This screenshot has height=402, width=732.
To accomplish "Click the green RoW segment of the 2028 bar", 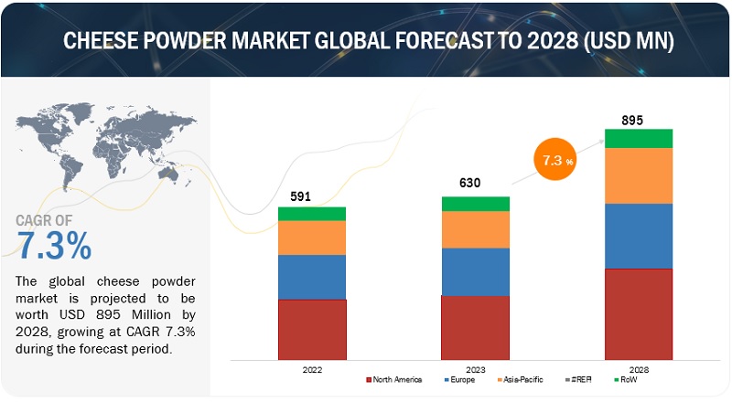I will (639, 138).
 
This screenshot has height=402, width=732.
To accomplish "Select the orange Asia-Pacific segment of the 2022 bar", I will (312, 238).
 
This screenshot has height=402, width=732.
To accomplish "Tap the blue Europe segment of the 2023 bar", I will (475, 271).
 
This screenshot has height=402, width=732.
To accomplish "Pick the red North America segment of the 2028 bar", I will (639, 313).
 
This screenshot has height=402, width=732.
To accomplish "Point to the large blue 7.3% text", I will (55, 244).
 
